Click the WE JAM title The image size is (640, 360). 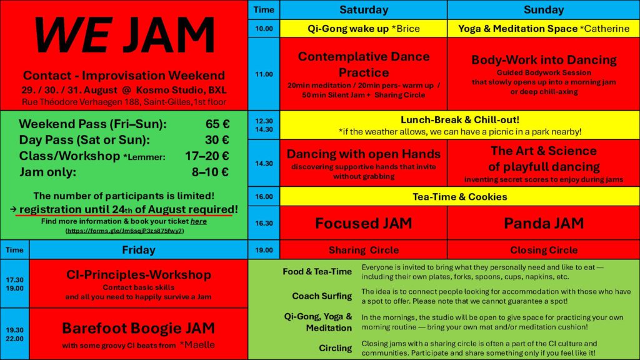coord(124,36)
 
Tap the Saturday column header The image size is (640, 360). coord(364,10)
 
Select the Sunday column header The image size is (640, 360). coord(544,10)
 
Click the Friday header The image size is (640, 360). coord(138,250)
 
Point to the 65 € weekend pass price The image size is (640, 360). coord(217,124)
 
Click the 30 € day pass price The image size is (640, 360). coord(217,139)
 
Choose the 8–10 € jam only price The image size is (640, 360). coord(210,172)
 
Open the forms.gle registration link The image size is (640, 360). coord(124,231)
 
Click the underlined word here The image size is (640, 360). coord(198,221)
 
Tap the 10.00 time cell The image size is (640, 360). coord(264,29)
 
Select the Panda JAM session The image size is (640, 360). coord(544,223)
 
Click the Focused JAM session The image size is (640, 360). coord(364,223)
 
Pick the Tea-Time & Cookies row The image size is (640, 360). coord(459,197)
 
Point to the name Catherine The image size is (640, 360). coord(607,29)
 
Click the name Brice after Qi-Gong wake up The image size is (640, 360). coord(407,29)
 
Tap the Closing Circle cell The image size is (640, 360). coord(544,250)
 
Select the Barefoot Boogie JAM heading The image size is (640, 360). coord(138,328)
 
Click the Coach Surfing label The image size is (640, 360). coord(322,296)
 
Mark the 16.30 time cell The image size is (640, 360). coord(264,223)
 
